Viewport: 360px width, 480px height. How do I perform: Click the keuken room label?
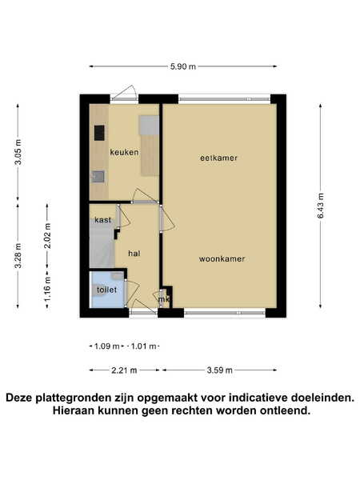(x=124, y=152)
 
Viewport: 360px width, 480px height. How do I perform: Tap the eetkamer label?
(x=218, y=158)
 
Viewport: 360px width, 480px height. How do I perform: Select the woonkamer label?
(x=222, y=259)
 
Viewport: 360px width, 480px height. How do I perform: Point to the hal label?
(x=134, y=253)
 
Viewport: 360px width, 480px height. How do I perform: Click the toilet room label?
(x=106, y=290)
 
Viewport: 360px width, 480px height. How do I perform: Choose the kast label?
(x=102, y=220)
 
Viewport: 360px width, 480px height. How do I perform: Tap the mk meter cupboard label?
(x=164, y=299)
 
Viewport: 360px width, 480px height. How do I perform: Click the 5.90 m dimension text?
(x=183, y=66)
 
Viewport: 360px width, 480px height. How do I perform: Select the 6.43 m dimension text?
(x=321, y=206)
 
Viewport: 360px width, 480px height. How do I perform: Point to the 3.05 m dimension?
(x=18, y=152)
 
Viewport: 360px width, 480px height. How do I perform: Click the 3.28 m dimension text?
(x=18, y=256)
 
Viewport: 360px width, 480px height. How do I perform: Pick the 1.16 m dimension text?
(x=47, y=288)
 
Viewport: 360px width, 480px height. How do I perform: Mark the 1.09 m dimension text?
(x=106, y=346)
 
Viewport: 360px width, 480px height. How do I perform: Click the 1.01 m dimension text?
(x=143, y=346)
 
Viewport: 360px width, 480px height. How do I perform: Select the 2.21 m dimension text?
(x=124, y=370)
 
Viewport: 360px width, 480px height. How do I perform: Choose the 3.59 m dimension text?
(x=219, y=370)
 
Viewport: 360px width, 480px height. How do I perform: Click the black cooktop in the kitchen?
(x=99, y=133)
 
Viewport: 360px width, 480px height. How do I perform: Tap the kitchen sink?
(x=98, y=177)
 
